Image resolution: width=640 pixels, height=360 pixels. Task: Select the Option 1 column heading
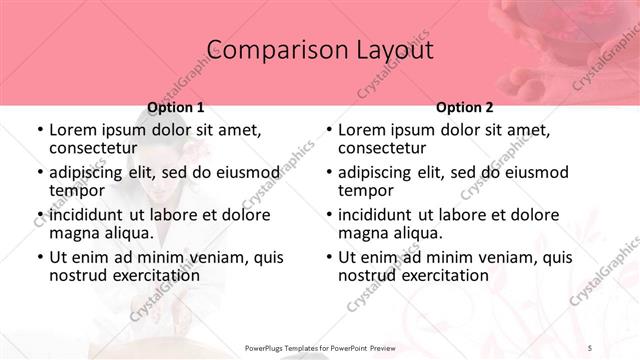click(176, 107)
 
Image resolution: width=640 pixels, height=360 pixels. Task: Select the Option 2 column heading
click(465, 107)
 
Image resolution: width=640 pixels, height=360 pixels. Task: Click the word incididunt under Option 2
click(376, 215)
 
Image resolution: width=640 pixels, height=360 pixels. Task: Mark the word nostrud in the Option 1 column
click(77, 275)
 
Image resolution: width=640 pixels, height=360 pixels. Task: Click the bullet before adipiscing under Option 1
click(39, 173)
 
